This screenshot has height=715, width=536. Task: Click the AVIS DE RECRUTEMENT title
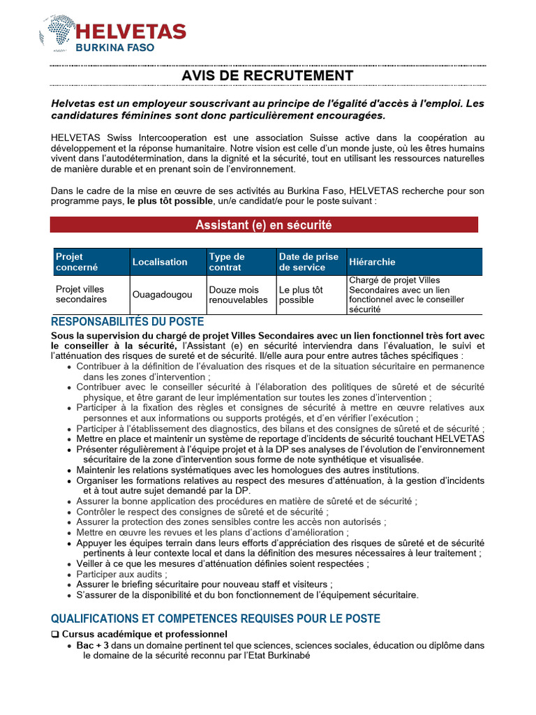pos(267,75)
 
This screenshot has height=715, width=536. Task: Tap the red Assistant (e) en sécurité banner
pos(264,225)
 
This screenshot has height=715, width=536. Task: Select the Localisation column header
pos(160,262)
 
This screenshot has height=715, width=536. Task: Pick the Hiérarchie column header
pos(372,262)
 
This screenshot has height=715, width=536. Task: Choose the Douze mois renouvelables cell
pos(238,295)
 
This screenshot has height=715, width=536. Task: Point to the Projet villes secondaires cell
pos(81,295)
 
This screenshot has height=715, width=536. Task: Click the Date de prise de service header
pos(308,262)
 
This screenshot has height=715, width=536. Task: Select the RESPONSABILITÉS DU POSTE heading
pos(128,322)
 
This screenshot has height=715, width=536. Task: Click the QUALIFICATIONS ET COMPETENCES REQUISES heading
pos(216,619)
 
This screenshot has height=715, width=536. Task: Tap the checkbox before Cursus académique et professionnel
pos(55,634)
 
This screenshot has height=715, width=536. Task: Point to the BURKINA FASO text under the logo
pos(116,48)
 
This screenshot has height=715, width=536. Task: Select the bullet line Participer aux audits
pos(122,574)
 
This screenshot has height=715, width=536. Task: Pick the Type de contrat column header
pos(227,262)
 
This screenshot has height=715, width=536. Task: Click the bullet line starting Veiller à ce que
pos(223,563)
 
